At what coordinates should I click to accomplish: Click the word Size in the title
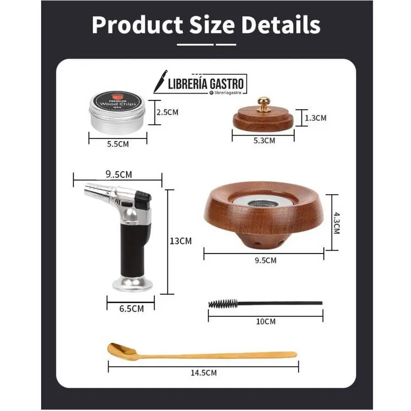[x=212, y=25]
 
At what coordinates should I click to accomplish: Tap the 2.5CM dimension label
[x=168, y=112]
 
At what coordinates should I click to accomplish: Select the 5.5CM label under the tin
[x=118, y=144]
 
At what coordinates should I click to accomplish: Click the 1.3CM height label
[x=316, y=118]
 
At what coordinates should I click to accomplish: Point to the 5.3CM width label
[x=264, y=141]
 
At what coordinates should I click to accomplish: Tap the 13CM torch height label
[x=180, y=241]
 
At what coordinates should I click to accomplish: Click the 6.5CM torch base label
[x=132, y=309]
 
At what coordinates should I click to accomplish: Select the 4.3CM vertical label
[x=336, y=223]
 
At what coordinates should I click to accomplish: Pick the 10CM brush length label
[x=266, y=321]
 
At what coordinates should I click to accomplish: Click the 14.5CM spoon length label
[x=204, y=373]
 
